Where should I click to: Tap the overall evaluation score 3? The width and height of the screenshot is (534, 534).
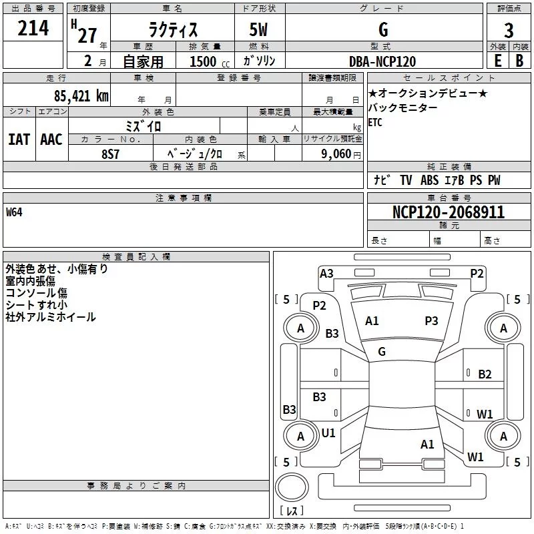pyautogui.click(x=509, y=31)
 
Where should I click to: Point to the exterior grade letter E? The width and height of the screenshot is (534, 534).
pyautogui.click(x=497, y=61)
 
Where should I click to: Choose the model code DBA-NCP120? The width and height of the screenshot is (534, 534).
pyautogui.click(x=382, y=61)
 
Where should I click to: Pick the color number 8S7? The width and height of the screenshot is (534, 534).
pyautogui.click(x=111, y=154)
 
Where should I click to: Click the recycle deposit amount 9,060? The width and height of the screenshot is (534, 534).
pyautogui.click(x=336, y=154)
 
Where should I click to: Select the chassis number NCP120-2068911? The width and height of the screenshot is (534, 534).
pyautogui.click(x=448, y=212)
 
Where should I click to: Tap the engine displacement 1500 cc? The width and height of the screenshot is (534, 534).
pyautogui.click(x=202, y=61)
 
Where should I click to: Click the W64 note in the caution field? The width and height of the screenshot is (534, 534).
pyautogui.click(x=15, y=213)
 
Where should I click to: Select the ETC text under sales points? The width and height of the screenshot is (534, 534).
pyautogui.click(x=376, y=122)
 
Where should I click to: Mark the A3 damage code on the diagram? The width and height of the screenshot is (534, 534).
pyautogui.click(x=326, y=273)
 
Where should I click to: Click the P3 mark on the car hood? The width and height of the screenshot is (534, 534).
pyautogui.click(x=431, y=321)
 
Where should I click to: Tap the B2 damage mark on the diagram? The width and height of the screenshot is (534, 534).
pyautogui.click(x=485, y=374)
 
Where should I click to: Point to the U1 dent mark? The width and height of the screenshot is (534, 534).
pyautogui.click(x=328, y=433)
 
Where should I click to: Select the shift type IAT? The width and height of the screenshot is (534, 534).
pyautogui.click(x=19, y=140)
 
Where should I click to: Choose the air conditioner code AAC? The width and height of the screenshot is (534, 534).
pyautogui.click(x=51, y=140)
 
